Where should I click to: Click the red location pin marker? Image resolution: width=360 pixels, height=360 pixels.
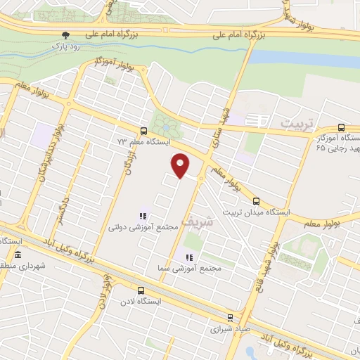click(x=181, y=165)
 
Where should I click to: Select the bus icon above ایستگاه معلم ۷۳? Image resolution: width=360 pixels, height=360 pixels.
click(x=143, y=131)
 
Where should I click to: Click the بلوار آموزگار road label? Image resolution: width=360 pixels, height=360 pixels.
click(x=115, y=64)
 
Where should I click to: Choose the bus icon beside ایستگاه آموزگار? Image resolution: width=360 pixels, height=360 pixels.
click(x=340, y=128)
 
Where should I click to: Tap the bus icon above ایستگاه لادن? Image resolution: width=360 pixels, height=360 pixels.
click(x=141, y=290)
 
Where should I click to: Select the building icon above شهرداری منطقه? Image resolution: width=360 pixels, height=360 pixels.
click(x=16, y=255)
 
